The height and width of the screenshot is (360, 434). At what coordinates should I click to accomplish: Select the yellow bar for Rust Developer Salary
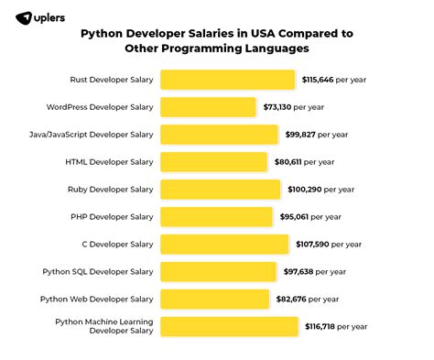pos(227,80)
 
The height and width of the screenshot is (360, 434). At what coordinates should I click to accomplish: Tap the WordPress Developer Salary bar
pos(208,107)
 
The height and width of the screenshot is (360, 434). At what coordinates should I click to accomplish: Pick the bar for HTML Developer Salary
pos(213,162)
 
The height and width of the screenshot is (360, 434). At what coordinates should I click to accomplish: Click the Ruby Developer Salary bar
pos(220,190)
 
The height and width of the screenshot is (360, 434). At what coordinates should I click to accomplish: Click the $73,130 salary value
pos(279,107)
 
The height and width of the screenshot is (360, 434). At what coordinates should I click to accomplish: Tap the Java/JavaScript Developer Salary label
pos(91,135)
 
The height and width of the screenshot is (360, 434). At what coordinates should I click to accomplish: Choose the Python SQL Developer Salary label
pos(97,271)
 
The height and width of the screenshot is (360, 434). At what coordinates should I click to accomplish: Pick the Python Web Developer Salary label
pos(97,299)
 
